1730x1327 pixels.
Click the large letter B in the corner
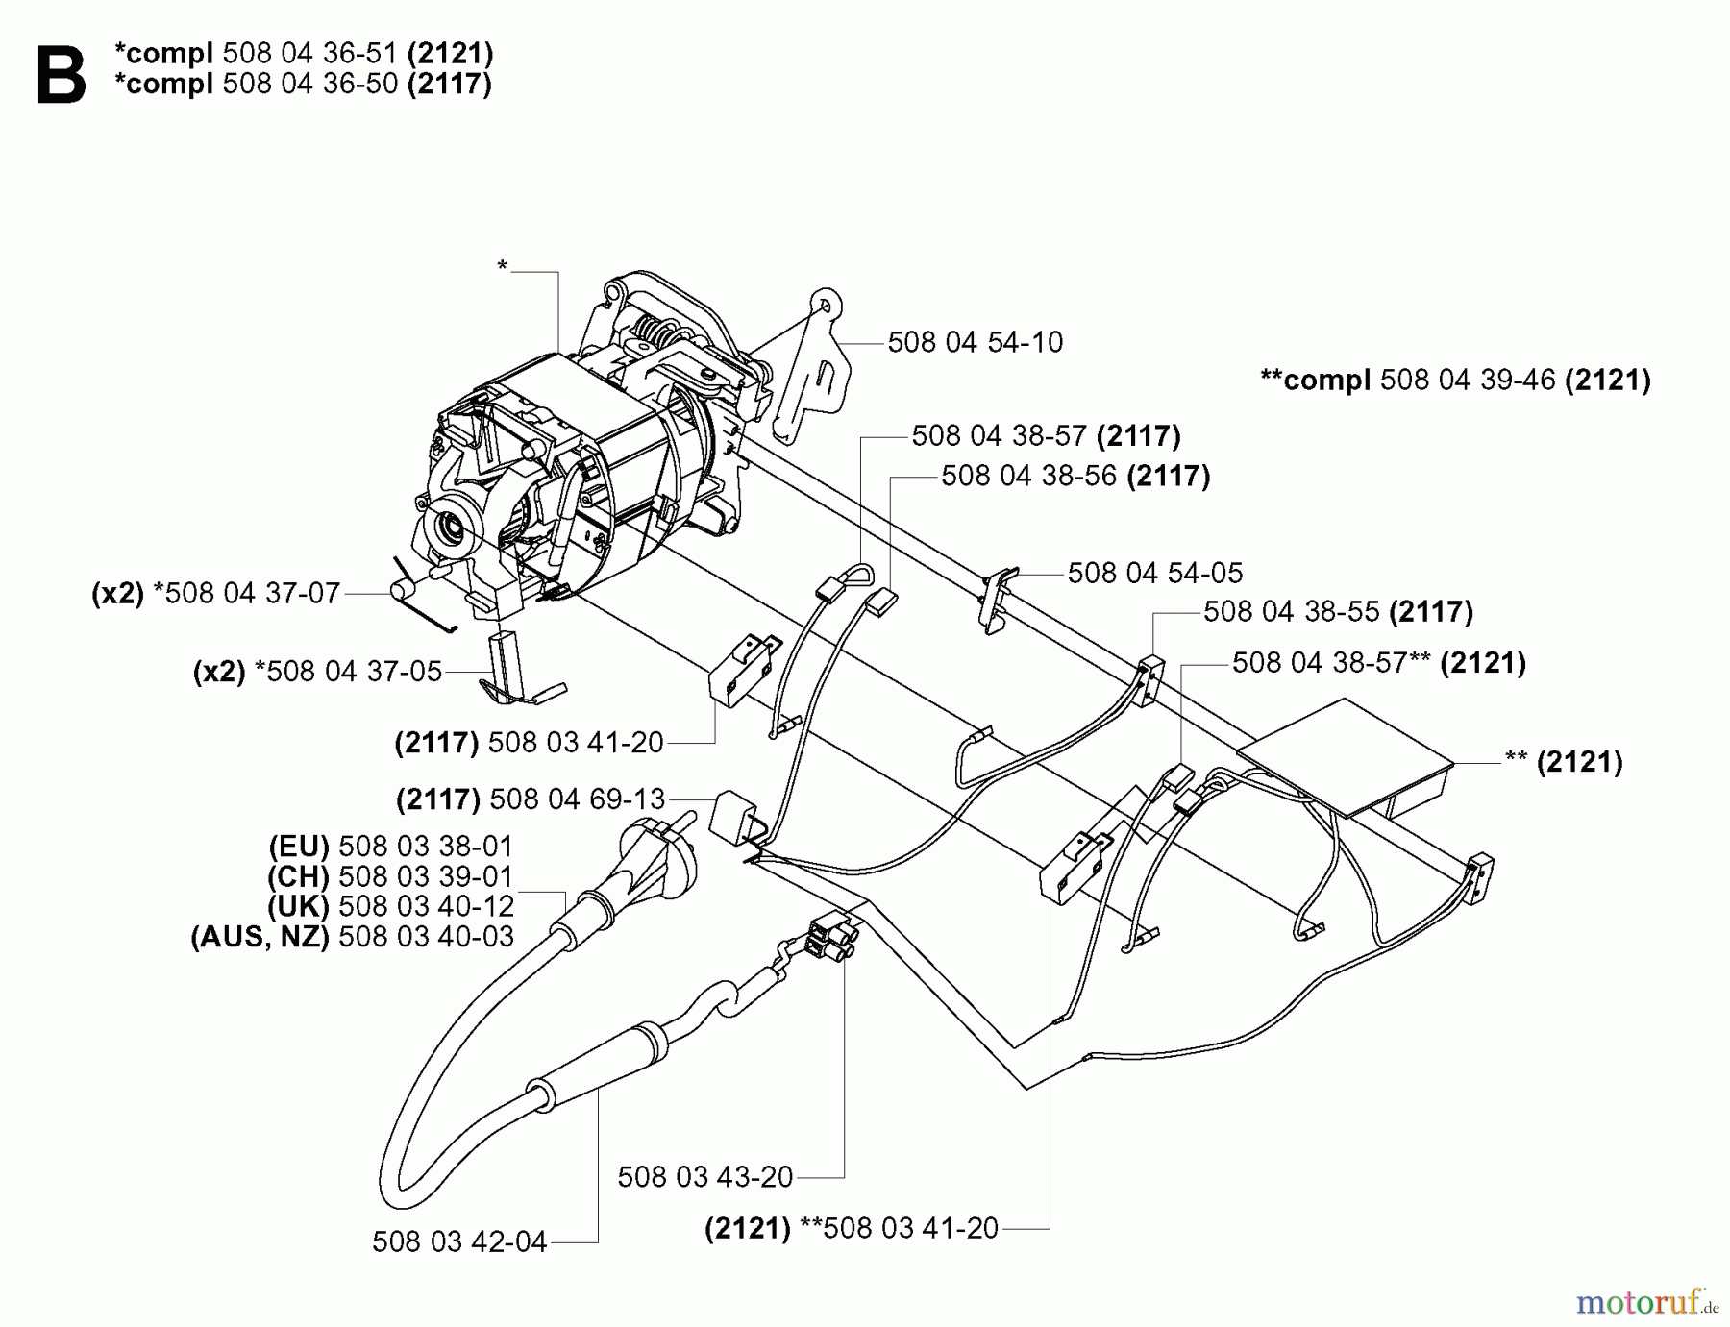pyautogui.click(x=61, y=76)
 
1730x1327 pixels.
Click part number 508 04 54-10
pyautogui.click(x=975, y=342)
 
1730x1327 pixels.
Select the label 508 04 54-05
pyautogui.click(x=1154, y=573)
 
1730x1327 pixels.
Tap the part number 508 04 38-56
pyautogui.click(x=1028, y=476)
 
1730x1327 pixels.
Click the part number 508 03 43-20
pyautogui.click(x=704, y=1176)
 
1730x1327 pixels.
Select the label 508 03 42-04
pyautogui.click(x=458, y=1241)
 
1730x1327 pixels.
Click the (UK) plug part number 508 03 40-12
pyautogui.click(x=426, y=906)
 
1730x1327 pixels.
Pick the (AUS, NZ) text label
pyautogui.click(x=259, y=936)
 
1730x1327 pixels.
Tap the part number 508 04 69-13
pyautogui.click(x=577, y=799)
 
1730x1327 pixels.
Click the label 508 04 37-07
pyautogui.click(x=252, y=593)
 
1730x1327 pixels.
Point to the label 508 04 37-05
pyautogui.click(x=354, y=671)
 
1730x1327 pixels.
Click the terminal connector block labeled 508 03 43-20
pyautogui.click(x=831, y=937)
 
